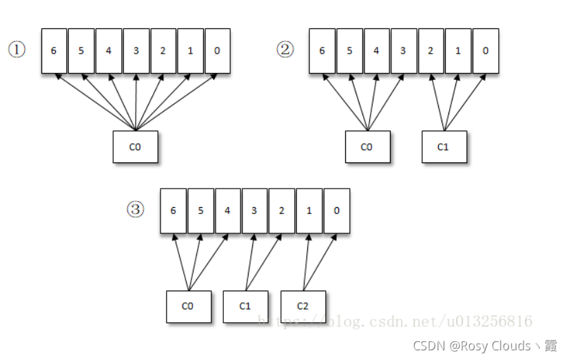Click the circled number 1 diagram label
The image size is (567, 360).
pos(17,50)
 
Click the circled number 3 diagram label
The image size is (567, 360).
pos(136,209)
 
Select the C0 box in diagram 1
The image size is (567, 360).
pos(135,147)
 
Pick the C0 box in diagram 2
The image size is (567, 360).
pos(367,147)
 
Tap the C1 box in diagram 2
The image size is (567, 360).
pos(444,147)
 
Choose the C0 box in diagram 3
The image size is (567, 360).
pos(187,306)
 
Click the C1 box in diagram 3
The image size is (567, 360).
pos(245,306)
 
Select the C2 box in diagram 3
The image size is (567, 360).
pos(302,306)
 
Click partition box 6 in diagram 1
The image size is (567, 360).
pos(54,51)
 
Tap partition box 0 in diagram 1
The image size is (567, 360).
pos(217,51)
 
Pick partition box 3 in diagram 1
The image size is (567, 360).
pos(136,51)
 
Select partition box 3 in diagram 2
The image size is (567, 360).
pos(403,51)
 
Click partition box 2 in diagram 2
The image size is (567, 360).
pos(431,51)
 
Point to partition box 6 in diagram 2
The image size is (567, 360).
pos(322,51)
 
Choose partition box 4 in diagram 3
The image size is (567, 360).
pos(227,211)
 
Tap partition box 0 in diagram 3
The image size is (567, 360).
pos(336,211)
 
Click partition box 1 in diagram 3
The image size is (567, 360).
pos(309,211)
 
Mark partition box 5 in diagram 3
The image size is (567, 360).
pos(200,211)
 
